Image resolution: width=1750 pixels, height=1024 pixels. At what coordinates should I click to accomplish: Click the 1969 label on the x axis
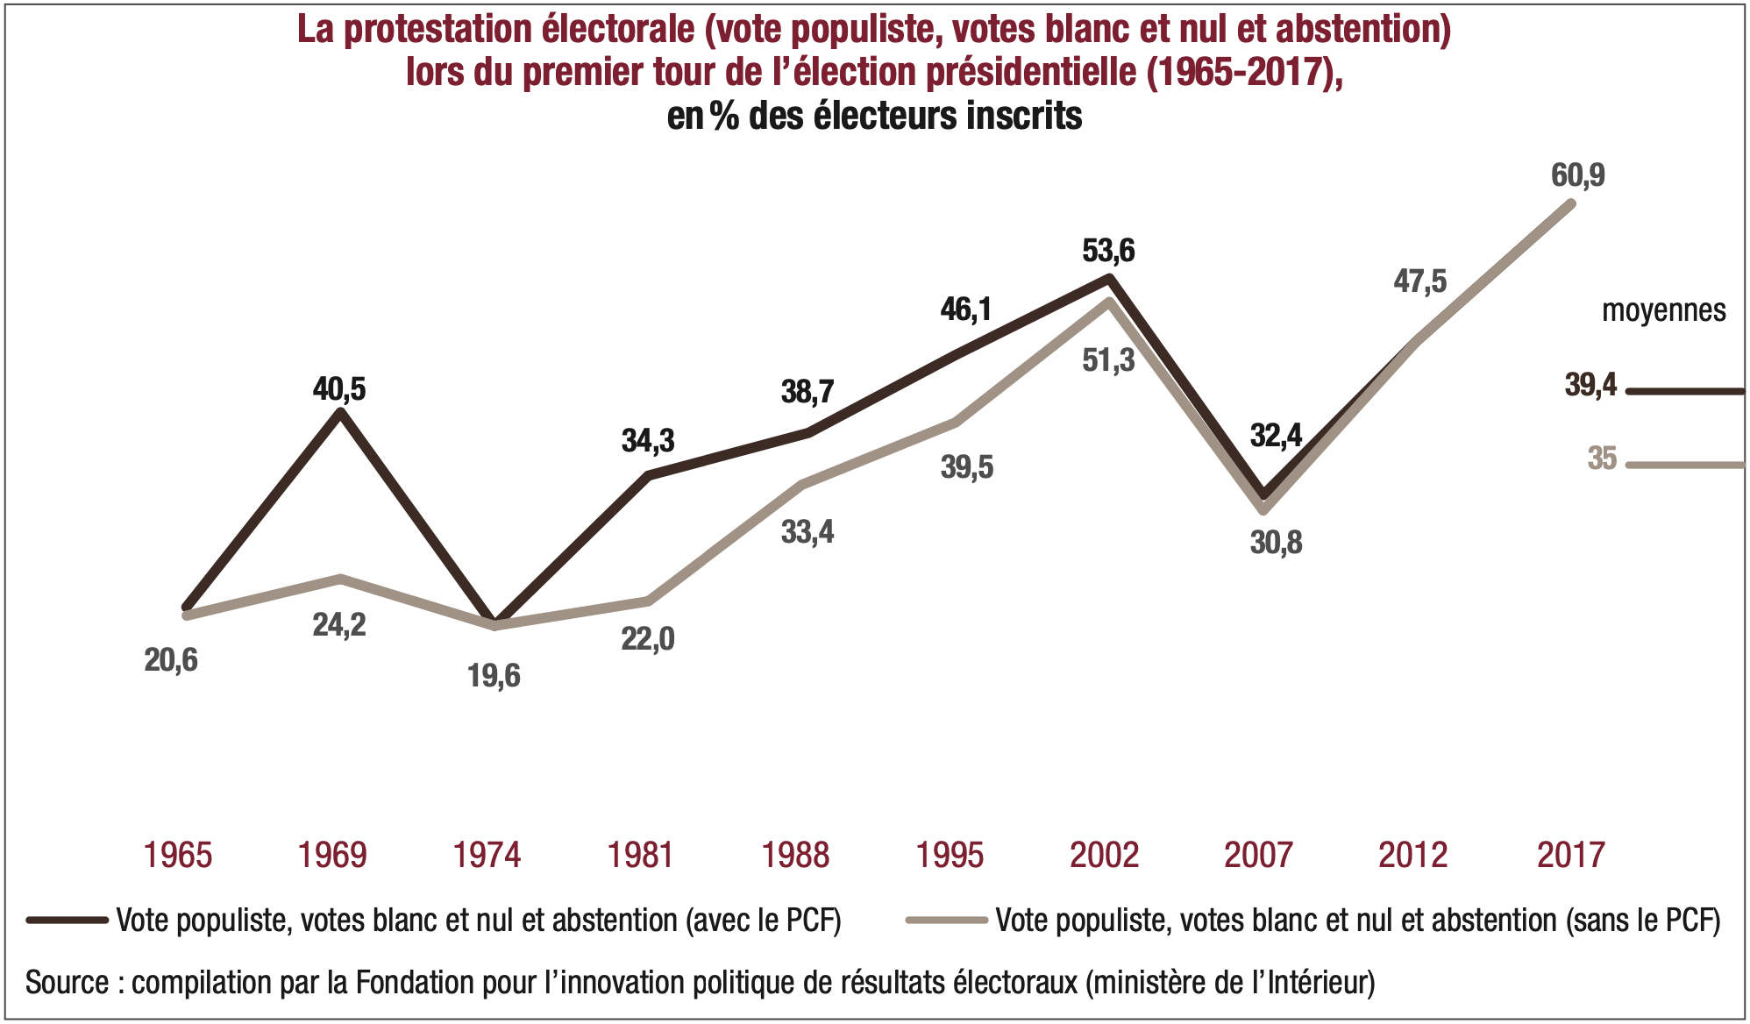[x=332, y=855]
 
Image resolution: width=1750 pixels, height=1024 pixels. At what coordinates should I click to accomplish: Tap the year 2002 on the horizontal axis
[x=1104, y=855]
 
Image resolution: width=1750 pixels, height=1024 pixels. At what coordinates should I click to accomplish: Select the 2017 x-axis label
[x=1570, y=855]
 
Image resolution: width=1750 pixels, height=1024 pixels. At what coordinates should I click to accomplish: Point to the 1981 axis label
[x=641, y=855]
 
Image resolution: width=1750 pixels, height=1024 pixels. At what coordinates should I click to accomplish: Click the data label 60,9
[x=1578, y=175]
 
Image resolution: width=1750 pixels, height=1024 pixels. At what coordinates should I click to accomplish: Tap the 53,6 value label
[x=1108, y=251]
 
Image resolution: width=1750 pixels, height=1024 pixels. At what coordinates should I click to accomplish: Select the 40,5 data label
[x=339, y=388]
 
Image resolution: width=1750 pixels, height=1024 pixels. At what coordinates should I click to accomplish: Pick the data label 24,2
[x=339, y=624]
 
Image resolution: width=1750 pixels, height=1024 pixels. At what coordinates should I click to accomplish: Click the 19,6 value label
[x=494, y=676]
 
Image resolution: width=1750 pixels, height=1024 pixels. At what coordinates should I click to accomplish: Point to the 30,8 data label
[x=1276, y=543]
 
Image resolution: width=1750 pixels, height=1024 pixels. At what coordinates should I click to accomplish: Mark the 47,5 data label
[x=1420, y=281]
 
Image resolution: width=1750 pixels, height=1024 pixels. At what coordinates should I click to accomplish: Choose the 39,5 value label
[x=967, y=467]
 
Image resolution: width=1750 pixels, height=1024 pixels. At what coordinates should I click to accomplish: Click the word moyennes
[x=1663, y=310]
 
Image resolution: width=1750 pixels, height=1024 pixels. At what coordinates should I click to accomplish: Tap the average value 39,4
[x=1590, y=385]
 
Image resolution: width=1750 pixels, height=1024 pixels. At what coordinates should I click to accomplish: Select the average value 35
[x=1602, y=459]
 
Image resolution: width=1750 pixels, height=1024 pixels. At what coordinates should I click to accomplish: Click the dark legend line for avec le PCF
[x=67, y=920]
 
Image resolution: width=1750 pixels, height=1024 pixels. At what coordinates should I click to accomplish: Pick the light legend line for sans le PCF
[x=947, y=920]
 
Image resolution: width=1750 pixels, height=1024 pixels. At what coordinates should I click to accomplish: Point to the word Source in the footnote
[x=67, y=982]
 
